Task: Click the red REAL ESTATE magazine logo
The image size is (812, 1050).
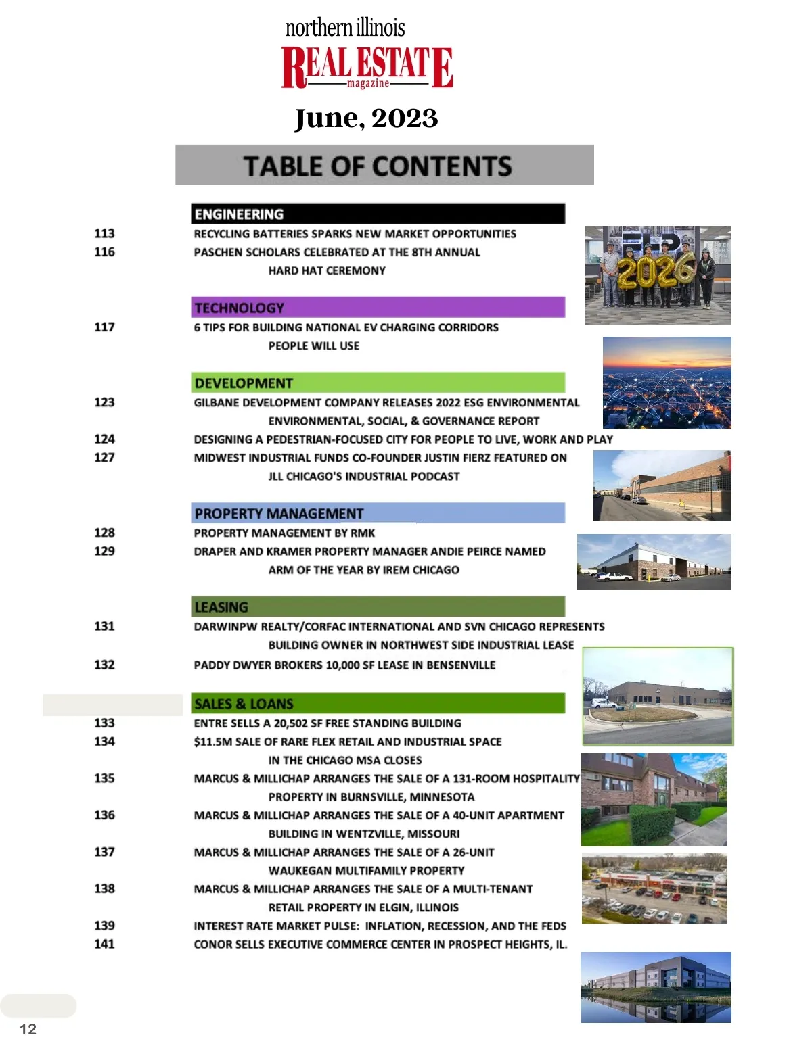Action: click(367, 66)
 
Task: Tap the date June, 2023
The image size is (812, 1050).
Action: click(366, 118)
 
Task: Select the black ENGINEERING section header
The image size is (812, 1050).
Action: click(378, 214)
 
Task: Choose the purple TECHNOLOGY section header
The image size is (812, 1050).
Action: click(378, 308)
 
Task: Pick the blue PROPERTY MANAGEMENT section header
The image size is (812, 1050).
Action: click(378, 513)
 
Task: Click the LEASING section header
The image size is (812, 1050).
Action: click(378, 606)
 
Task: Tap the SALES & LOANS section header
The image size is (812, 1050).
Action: click(378, 703)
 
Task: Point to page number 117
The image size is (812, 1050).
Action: click(104, 327)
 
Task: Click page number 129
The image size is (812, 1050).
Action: click(104, 551)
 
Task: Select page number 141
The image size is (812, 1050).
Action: click(104, 944)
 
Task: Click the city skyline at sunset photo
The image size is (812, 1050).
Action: click(667, 382)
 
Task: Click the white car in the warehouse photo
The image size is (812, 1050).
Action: click(614, 577)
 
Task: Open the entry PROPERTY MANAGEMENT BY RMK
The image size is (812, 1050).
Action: click(284, 533)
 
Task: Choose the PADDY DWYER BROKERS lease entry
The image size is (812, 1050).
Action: click(344, 665)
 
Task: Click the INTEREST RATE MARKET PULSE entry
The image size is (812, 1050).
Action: click(380, 926)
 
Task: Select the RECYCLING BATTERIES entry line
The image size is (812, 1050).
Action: click(355, 234)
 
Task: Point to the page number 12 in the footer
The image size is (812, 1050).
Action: click(28, 1029)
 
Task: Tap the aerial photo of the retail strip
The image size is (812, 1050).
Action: click(654, 888)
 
